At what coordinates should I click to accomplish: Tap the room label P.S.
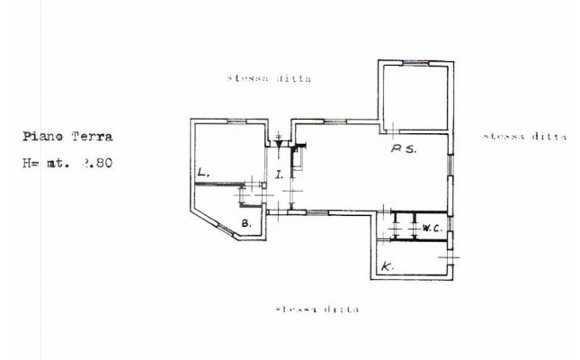tap(403, 150)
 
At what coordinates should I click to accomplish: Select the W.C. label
tap(430, 229)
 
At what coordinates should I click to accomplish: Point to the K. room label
tap(386, 266)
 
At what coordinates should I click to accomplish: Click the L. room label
tap(204, 172)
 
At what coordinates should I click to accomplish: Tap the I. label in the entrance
tap(280, 175)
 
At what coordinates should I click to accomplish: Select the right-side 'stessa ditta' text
tap(524, 137)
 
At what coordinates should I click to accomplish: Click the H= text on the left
tap(33, 165)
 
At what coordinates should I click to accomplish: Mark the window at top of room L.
tap(236, 121)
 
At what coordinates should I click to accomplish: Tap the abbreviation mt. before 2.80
tap(62, 165)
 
